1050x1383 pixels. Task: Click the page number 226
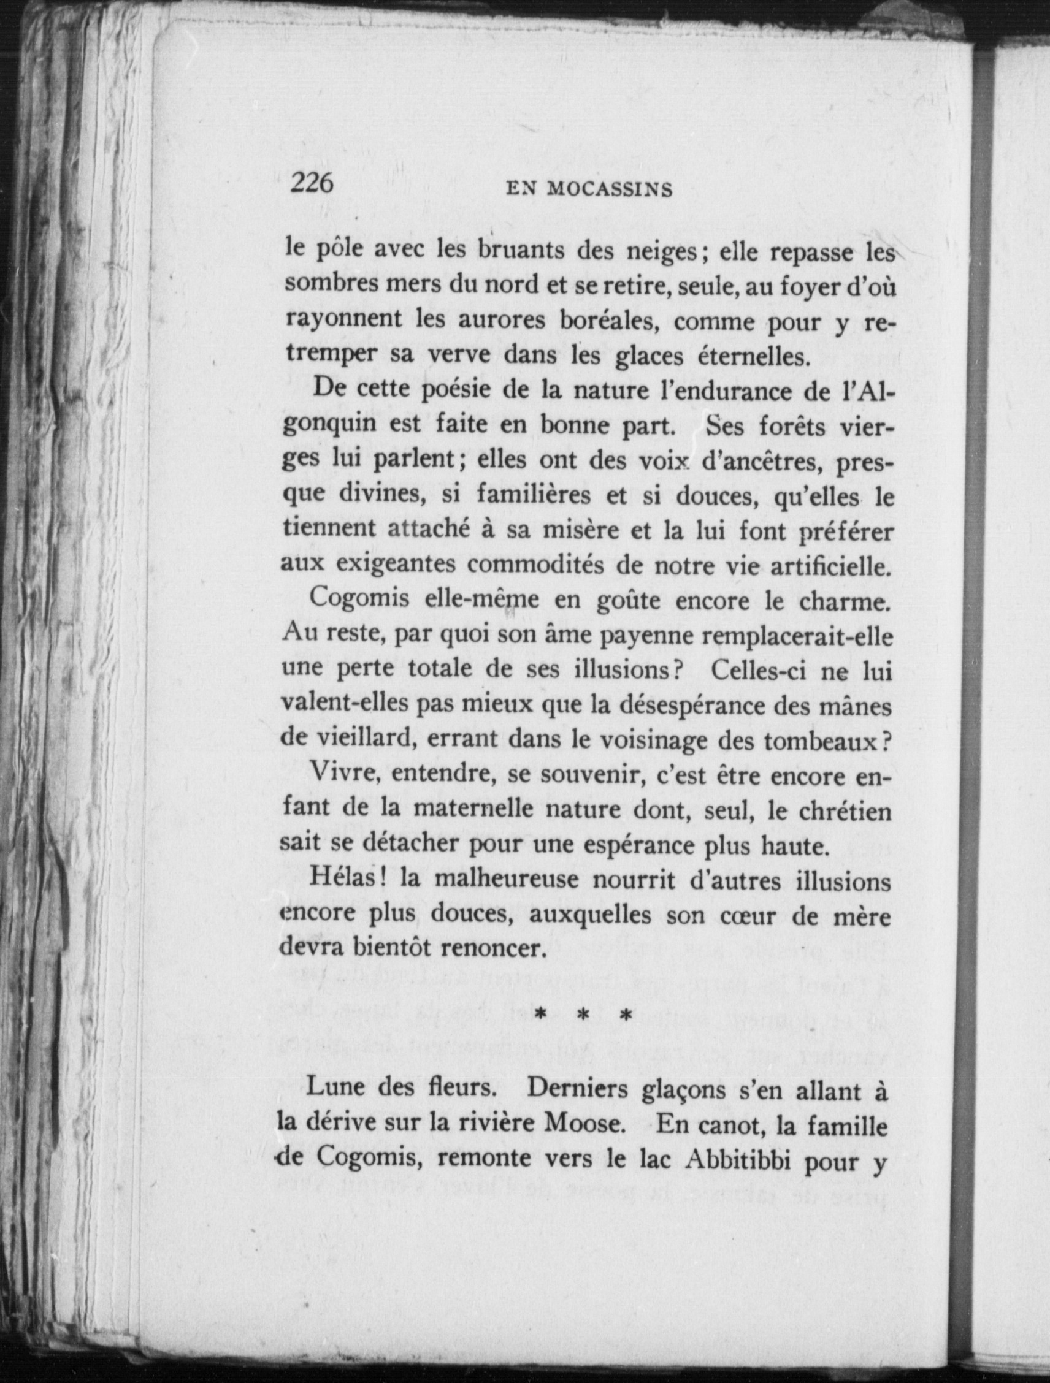tap(312, 183)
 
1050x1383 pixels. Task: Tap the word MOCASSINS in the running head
tap(610, 189)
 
